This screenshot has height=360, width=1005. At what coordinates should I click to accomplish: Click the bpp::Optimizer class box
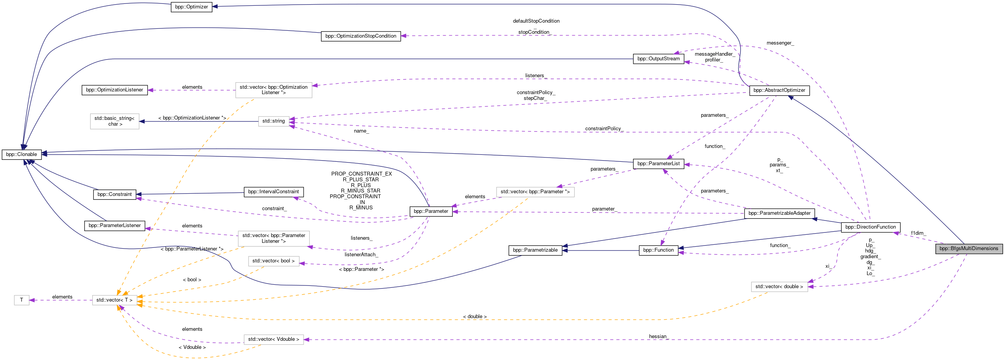pyautogui.click(x=191, y=7)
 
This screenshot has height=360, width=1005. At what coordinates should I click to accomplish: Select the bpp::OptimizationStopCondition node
pyautogui.click(x=360, y=36)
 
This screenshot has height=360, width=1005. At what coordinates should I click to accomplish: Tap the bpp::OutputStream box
pyautogui.click(x=658, y=59)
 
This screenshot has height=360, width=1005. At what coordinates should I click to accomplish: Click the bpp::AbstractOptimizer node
pyautogui.click(x=779, y=90)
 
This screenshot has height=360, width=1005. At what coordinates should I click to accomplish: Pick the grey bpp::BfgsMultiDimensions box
pyautogui.click(x=968, y=249)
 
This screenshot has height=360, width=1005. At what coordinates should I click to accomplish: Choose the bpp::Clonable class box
pyautogui.click(x=22, y=154)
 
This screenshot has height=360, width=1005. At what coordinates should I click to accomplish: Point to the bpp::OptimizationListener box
pyautogui.click(x=114, y=90)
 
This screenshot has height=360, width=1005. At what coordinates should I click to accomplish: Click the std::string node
pyautogui.click(x=274, y=121)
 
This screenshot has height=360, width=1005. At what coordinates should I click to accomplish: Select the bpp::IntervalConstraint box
pyautogui.click(x=274, y=191)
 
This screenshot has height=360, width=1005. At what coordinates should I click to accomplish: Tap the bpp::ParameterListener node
pyautogui.click(x=114, y=226)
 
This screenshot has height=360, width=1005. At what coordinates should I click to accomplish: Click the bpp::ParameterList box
pyautogui.click(x=658, y=163)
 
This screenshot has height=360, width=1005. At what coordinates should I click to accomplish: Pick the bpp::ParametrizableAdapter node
pyautogui.click(x=779, y=213)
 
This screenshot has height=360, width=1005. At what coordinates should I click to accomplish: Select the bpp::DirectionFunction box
pyautogui.click(x=870, y=227)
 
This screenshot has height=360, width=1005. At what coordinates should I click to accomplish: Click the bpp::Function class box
pyautogui.click(x=658, y=250)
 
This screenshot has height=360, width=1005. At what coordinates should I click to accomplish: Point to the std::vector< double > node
pyautogui.click(x=779, y=287)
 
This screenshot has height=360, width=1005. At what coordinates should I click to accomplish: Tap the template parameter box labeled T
pyautogui.click(x=22, y=300)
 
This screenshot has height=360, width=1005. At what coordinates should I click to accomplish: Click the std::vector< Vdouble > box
pyautogui.click(x=274, y=339)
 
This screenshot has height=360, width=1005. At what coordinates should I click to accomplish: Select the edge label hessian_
pyautogui.click(x=658, y=336)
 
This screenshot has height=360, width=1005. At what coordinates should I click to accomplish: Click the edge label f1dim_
pyautogui.click(x=918, y=233)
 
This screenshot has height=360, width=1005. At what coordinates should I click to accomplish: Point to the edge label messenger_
pyautogui.click(x=779, y=43)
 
